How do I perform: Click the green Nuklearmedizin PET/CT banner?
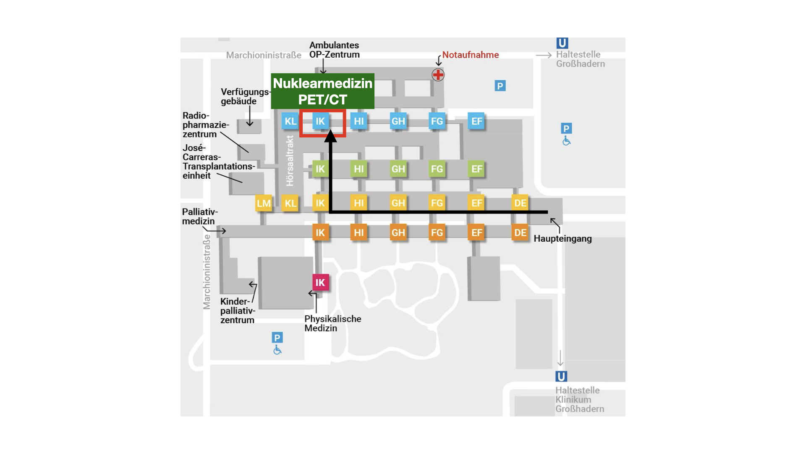pyautogui.click(x=322, y=91)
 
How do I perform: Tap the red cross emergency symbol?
pyautogui.click(x=438, y=75)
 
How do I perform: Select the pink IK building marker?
pyautogui.click(x=320, y=282)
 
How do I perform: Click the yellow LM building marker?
pyautogui.click(x=264, y=203)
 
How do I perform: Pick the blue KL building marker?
pyautogui.click(x=290, y=121)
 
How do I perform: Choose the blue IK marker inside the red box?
pyautogui.click(x=320, y=121)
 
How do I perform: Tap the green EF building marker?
pyautogui.click(x=476, y=169)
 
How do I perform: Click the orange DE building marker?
pyautogui.click(x=520, y=232)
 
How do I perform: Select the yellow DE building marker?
pyautogui.click(x=520, y=203)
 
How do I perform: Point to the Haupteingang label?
pyautogui.click(x=563, y=239)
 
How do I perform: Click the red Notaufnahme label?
pyautogui.click(x=470, y=55)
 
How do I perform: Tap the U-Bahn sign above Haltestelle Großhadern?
pyautogui.click(x=562, y=43)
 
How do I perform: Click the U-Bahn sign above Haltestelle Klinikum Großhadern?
pyautogui.click(x=561, y=376)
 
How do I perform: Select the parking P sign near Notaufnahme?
pyautogui.click(x=500, y=86)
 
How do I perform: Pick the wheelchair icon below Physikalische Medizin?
pyautogui.click(x=277, y=350)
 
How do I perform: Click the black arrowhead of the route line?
pyautogui.click(x=331, y=136)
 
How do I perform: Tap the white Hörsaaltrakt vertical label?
pyautogui.click(x=290, y=161)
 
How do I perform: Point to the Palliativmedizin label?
pyautogui.click(x=200, y=216)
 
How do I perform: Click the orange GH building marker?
pyautogui.click(x=398, y=232)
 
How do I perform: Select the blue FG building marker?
pyautogui.click(x=437, y=121)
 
